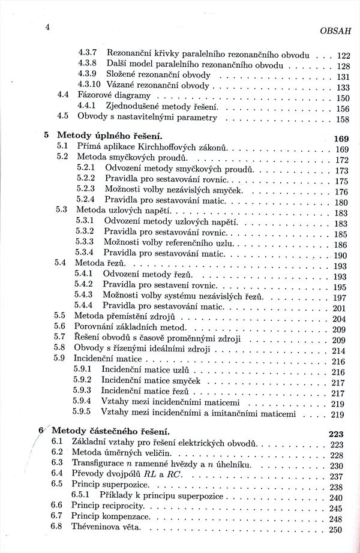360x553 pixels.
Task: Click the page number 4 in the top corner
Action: pyautogui.click(x=47, y=26)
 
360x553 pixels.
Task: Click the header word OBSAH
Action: pyautogui.click(x=334, y=31)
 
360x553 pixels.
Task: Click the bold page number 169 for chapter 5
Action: pyautogui.click(x=341, y=139)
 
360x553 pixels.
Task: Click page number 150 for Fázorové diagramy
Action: pyautogui.click(x=343, y=98)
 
